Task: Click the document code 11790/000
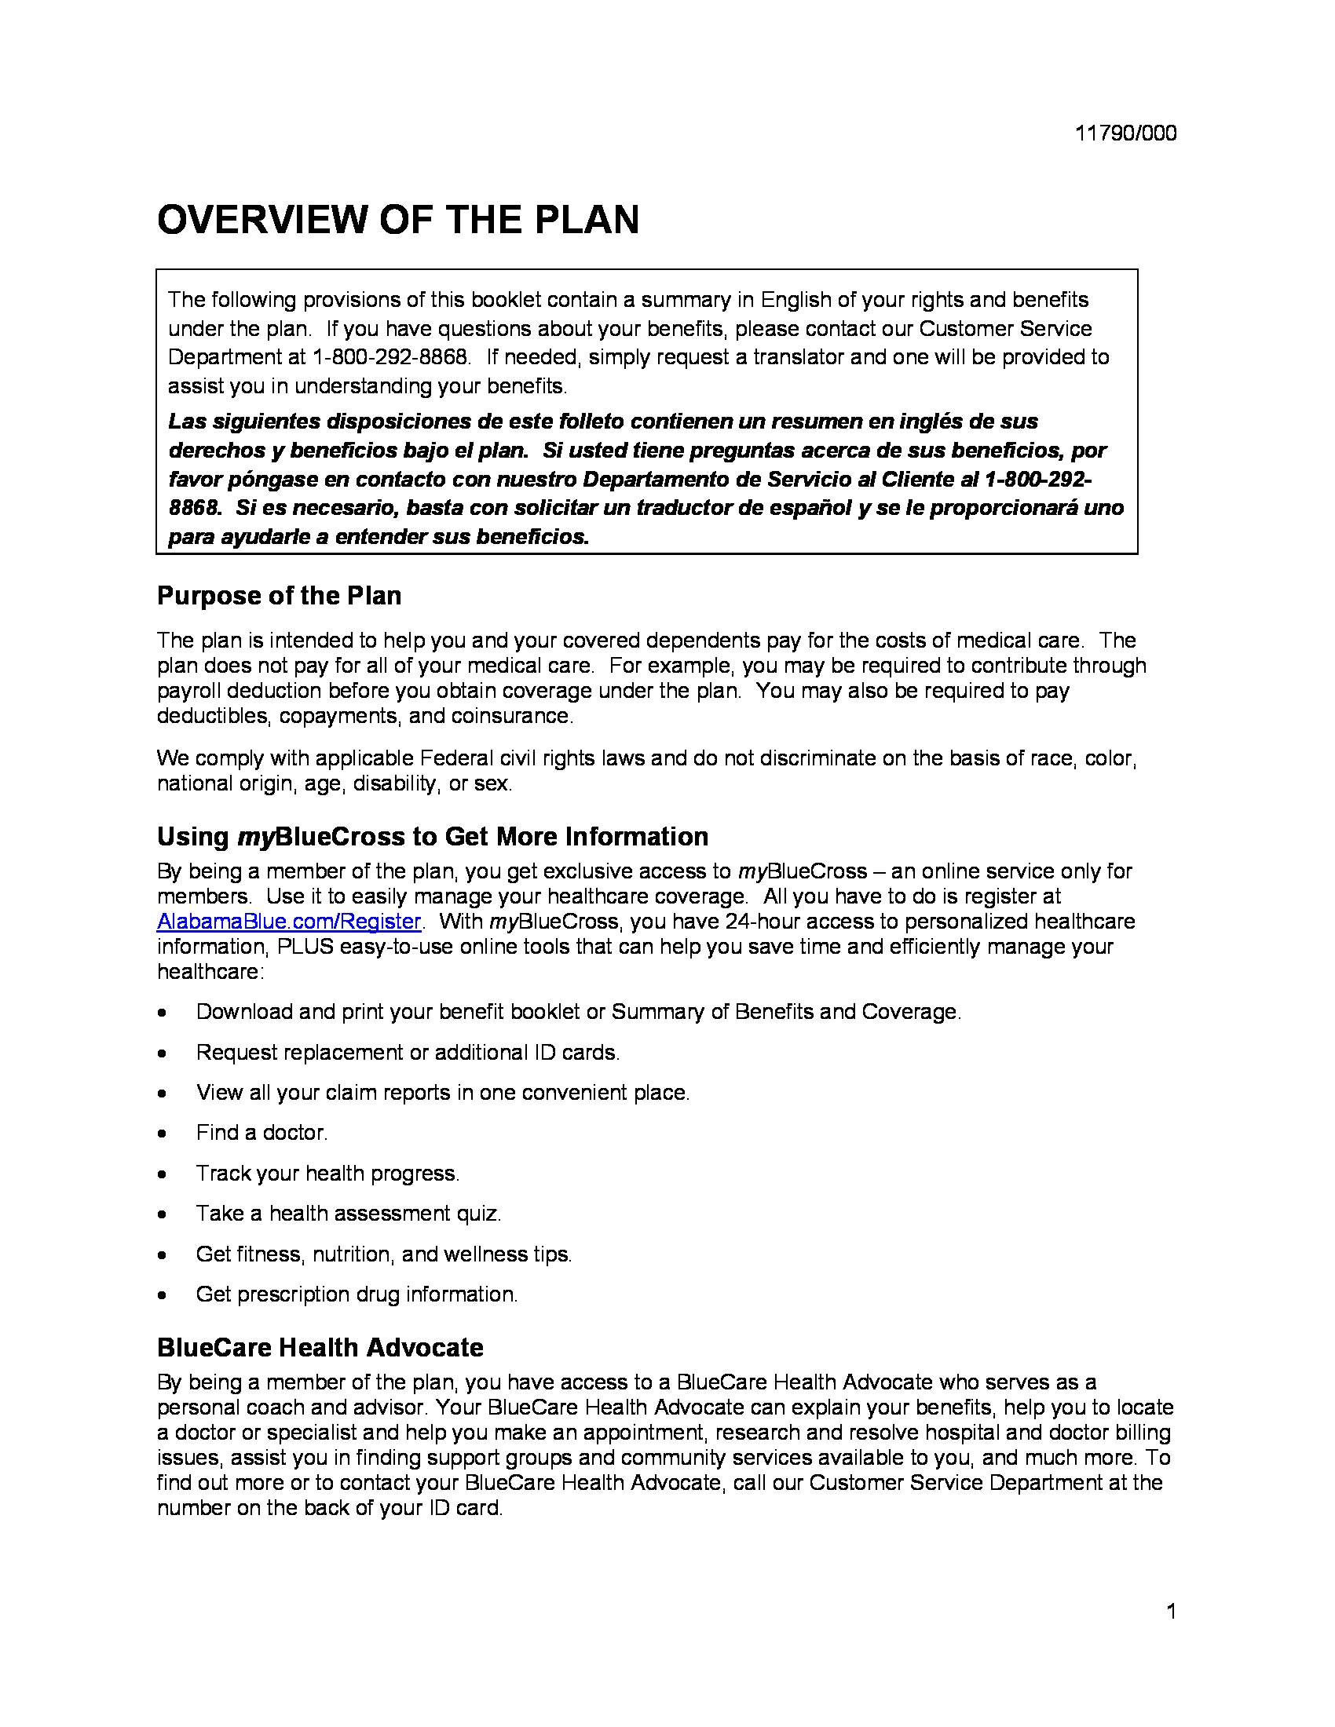point(1125,133)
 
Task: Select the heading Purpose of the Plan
point(280,596)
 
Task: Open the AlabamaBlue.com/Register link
point(289,922)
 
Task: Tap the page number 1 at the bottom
point(1172,1611)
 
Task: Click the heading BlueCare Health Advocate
point(320,1347)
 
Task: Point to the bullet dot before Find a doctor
point(162,1134)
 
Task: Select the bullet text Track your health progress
point(327,1174)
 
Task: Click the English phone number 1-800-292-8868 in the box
point(389,357)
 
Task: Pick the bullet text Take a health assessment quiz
point(349,1214)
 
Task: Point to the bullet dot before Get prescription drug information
point(162,1295)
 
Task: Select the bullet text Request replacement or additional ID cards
point(408,1053)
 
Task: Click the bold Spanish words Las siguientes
point(244,422)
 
